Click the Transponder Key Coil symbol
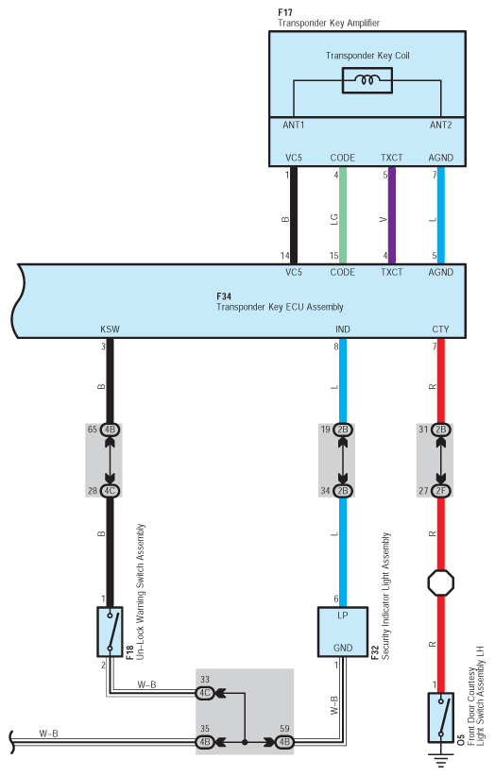click(x=367, y=80)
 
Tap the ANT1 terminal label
click(x=294, y=126)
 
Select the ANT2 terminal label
click(x=440, y=126)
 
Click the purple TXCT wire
click(x=391, y=215)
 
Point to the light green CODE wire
click(x=343, y=215)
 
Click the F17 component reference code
click(x=284, y=12)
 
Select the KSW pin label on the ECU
click(x=110, y=329)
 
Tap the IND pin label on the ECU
click(x=343, y=329)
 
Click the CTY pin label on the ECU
click(x=440, y=329)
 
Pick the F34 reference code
click(x=224, y=296)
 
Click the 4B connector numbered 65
click(x=110, y=430)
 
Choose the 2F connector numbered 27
click(x=440, y=491)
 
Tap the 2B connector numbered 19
click(x=343, y=430)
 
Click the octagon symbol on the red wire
click(x=440, y=582)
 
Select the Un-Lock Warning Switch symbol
click(x=110, y=632)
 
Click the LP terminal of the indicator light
click(x=343, y=616)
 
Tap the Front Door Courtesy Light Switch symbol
click(x=440, y=717)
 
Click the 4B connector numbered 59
click(x=284, y=742)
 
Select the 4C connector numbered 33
click(x=204, y=693)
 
